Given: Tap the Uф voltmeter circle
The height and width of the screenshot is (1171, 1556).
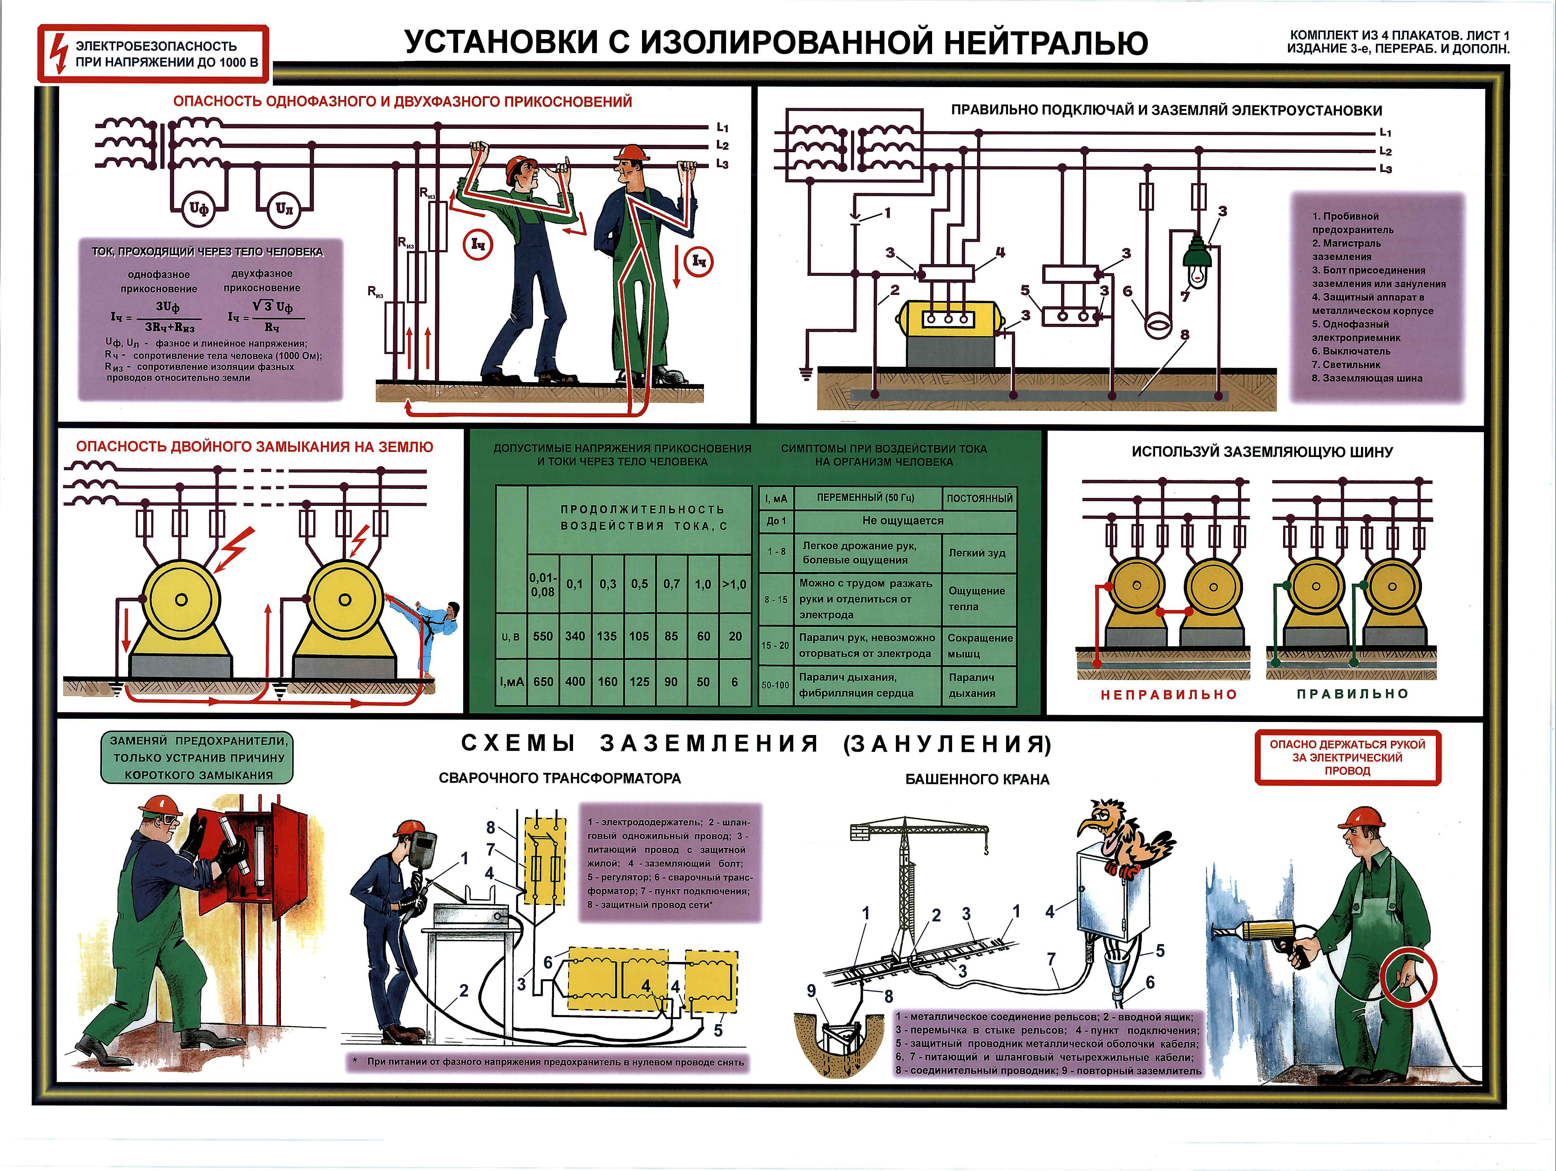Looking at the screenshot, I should (x=199, y=209).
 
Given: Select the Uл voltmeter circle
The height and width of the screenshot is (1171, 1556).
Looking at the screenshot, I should (x=284, y=209).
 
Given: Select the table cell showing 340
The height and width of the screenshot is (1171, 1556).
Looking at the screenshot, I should (x=575, y=636).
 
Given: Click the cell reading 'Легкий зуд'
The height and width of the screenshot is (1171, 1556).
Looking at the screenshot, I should (x=977, y=553).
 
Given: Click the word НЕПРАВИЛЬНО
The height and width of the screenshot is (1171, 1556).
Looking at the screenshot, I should (x=1168, y=695).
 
